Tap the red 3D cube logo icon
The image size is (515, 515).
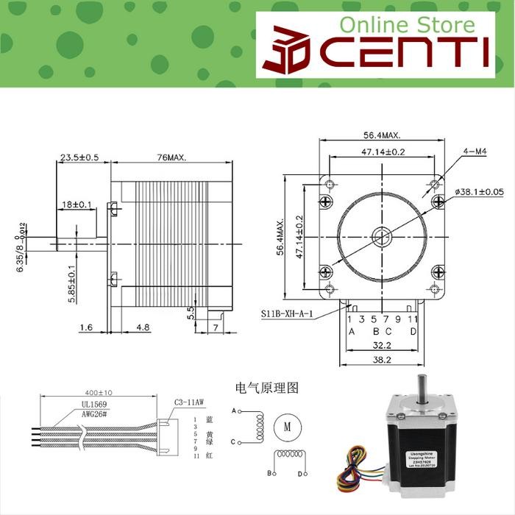pyautogui.click(x=289, y=51)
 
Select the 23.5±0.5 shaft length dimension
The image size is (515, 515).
pyautogui.click(x=79, y=157)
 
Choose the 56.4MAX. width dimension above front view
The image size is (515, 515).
pyautogui.click(x=382, y=135)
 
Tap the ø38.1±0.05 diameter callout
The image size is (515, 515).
pyautogui.click(x=479, y=192)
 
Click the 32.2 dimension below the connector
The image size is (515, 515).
pyautogui.click(x=381, y=344)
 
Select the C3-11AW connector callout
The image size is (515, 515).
pyautogui.click(x=189, y=402)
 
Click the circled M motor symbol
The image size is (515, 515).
pyautogui.click(x=283, y=425)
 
